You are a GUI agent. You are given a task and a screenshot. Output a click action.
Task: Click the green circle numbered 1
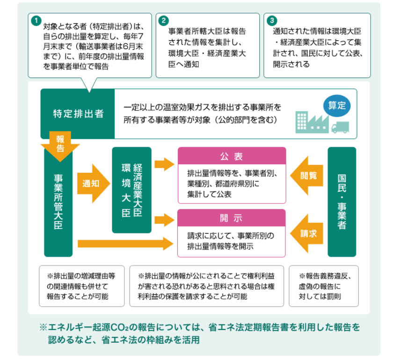[x=36, y=21]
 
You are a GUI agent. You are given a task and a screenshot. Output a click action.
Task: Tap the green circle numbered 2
[x=163, y=21]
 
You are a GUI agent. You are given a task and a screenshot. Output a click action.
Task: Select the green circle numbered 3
[x=272, y=21]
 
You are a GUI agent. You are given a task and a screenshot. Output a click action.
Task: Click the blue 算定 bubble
[x=337, y=106]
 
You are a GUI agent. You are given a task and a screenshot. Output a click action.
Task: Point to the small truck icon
[x=341, y=128]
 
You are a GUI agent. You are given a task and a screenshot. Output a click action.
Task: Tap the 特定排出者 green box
[x=78, y=114]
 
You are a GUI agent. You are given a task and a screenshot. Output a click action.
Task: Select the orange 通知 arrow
[x=94, y=184]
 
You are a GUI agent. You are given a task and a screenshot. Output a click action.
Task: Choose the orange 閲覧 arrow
[x=306, y=176]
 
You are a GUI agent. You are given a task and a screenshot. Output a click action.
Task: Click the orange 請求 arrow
[x=306, y=233]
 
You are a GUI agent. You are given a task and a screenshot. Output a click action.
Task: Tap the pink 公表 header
[x=232, y=156]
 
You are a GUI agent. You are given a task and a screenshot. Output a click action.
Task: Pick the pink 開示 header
[x=231, y=218]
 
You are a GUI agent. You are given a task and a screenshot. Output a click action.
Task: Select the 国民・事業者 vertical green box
[x=342, y=202]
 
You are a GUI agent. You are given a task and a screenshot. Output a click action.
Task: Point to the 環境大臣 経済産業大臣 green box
[x=132, y=190]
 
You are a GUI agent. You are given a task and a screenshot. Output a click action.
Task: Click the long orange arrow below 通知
[x=125, y=244]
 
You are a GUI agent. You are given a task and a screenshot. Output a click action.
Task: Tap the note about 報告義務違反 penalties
[x=324, y=286]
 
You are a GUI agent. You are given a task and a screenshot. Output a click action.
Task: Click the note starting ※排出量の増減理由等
[x=82, y=286]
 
